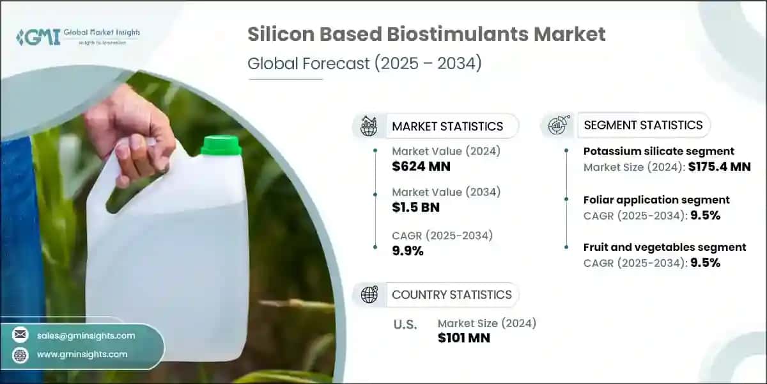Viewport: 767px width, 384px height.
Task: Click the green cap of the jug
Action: click(221, 146)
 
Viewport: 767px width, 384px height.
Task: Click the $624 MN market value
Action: click(421, 167)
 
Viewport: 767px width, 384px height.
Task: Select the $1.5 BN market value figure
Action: click(415, 207)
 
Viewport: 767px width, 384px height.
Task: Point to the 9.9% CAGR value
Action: click(408, 251)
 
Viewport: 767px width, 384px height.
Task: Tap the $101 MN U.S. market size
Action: click(463, 338)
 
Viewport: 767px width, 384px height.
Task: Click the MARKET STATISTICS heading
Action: click(447, 126)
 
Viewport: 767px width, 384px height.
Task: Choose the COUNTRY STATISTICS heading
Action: click(451, 294)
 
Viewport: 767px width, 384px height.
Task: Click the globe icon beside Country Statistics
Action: click(369, 294)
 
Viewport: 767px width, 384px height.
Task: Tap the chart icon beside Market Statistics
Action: click(369, 125)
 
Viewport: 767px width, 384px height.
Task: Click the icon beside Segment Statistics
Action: click(557, 125)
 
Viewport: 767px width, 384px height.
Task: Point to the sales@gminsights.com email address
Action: click(86, 335)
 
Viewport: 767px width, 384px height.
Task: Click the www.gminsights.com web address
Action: click(82, 354)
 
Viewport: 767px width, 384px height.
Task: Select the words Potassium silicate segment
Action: click(659, 152)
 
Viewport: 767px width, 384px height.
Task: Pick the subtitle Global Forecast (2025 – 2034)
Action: click(364, 64)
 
